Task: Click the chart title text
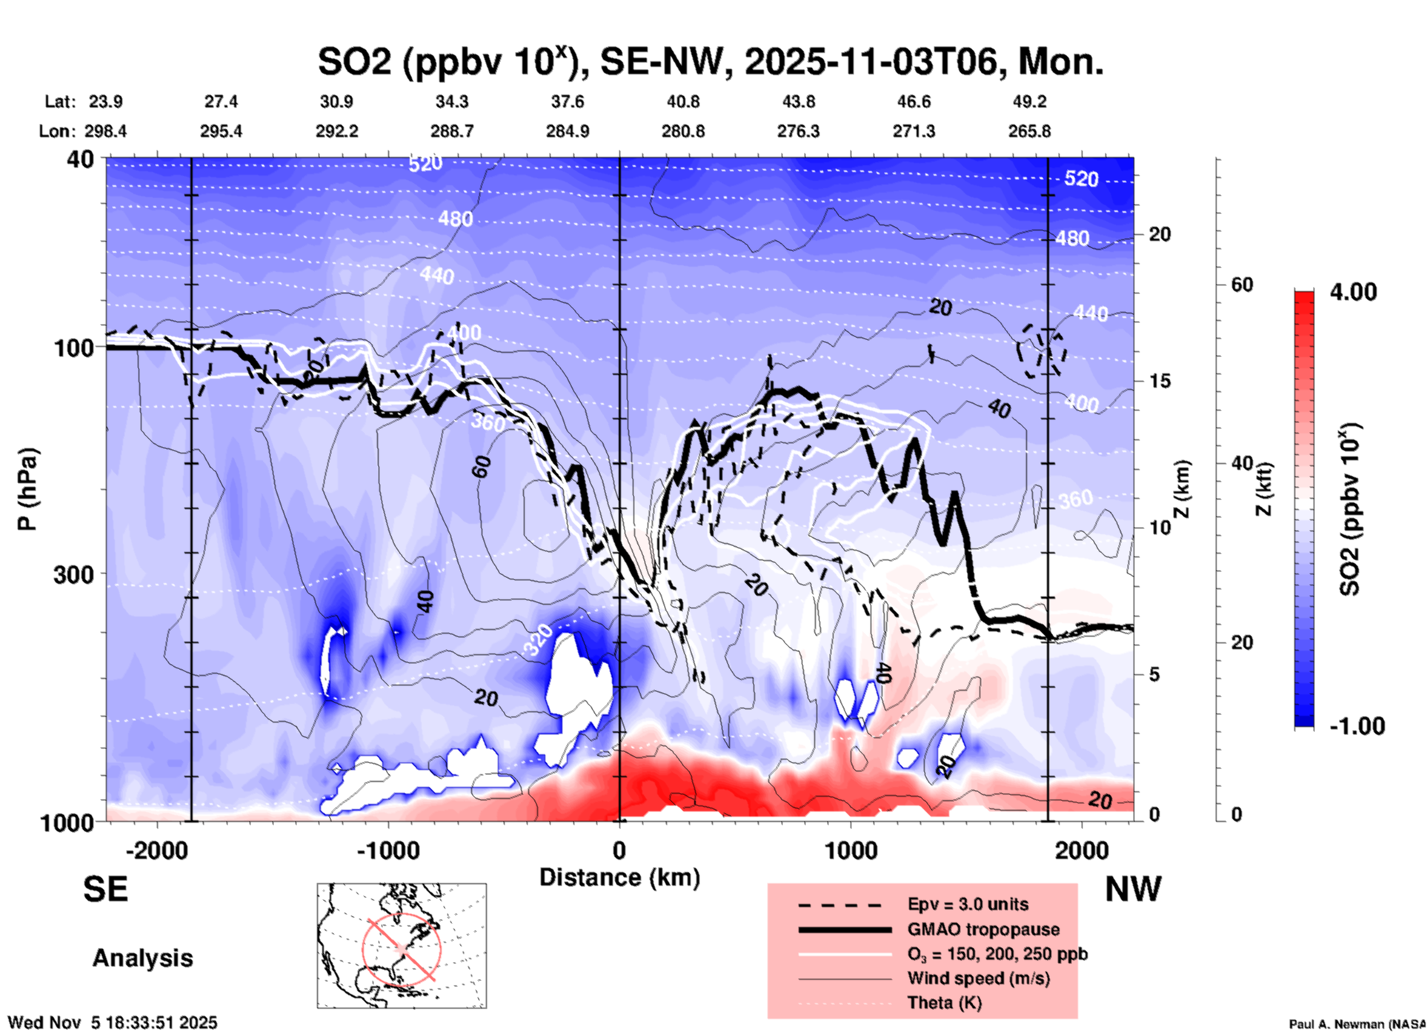click(710, 62)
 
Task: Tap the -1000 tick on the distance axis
click(387, 850)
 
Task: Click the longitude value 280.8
click(682, 131)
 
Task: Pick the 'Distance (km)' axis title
click(619, 877)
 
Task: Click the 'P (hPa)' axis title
click(27, 488)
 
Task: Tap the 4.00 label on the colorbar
click(1353, 292)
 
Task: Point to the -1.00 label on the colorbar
click(1357, 726)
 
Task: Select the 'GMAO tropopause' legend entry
click(983, 929)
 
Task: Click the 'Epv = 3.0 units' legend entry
click(968, 904)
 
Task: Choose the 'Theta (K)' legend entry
click(944, 1003)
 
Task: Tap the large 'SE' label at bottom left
click(105, 889)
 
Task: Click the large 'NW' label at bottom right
click(1133, 889)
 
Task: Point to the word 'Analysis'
click(142, 958)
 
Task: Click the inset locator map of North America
click(402, 945)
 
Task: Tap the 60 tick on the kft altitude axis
click(1242, 285)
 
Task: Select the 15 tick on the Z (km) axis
click(1159, 381)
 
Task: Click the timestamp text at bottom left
click(113, 1023)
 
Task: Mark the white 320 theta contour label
click(539, 640)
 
